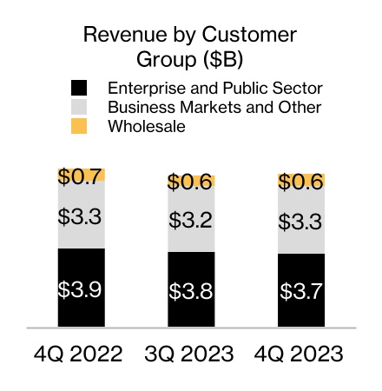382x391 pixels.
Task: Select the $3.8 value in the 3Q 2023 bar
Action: pyautogui.click(x=191, y=291)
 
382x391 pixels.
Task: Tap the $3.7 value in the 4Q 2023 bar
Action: pyautogui.click(x=300, y=292)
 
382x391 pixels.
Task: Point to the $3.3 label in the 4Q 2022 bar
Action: pyautogui.click(x=81, y=215)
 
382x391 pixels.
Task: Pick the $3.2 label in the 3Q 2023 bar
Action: pyautogui.click(x=191, y=220)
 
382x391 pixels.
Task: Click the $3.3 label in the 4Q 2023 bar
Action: pyautogui.click(x=300, y=221)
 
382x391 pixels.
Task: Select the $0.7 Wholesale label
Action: pyautogui.click(x=81, y=176)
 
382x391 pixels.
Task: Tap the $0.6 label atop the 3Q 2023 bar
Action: pyautogui.click(x=191, y=182)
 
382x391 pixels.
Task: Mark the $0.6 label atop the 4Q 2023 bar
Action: pyautogui.click(x=300, y=182)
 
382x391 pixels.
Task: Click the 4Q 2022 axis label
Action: pyautogui.click(x=81, y=354)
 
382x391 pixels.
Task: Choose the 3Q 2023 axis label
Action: pyautogui.click(x=191, y=354)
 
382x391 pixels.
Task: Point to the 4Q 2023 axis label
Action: pyautogui.click(x=300, y=354)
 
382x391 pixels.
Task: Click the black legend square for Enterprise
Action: pyautogui.click(x=80, y=88)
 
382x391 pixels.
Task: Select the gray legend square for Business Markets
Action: pyautogui.click(x=80, y=107)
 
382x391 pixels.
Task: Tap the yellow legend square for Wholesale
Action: pyautogui.click(x=80, y=126)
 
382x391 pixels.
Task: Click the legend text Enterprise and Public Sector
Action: pyautogui.click(x=214, y=88)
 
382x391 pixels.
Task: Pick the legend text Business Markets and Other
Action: pyautogui.click(x=214, y=107)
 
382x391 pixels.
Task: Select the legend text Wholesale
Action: pyautogui.click(x=147, y=126)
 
